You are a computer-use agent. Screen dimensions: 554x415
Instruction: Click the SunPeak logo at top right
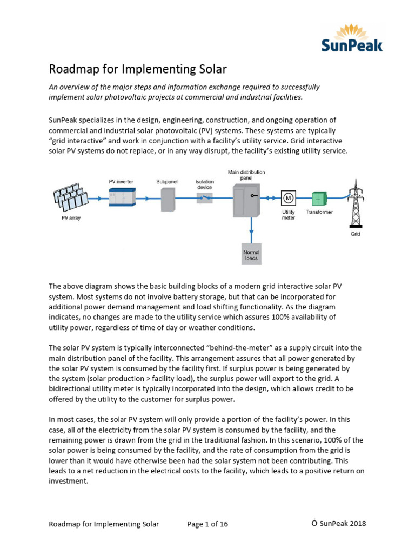(352, 37)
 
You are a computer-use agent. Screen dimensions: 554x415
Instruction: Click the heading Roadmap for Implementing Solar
(138, 69)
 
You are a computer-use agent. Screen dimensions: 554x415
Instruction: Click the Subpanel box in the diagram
(169, 199)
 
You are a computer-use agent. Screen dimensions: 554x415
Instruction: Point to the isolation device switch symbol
(204, 199)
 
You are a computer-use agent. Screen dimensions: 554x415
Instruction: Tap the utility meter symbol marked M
(287, 198)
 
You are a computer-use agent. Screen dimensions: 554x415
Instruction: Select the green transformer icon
(319, 198)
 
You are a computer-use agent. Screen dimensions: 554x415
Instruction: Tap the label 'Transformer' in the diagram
(319, 212)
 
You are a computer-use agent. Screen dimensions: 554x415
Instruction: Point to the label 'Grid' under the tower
(355, 234)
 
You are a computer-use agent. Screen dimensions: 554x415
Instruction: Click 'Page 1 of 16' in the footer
(207, 524)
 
